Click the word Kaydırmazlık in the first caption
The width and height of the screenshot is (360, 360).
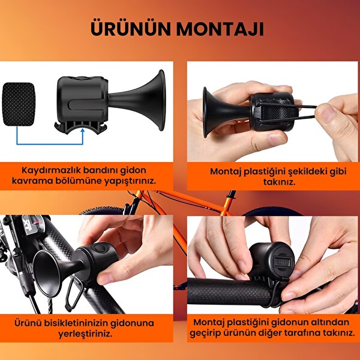47,170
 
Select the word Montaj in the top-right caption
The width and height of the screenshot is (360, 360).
226,171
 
